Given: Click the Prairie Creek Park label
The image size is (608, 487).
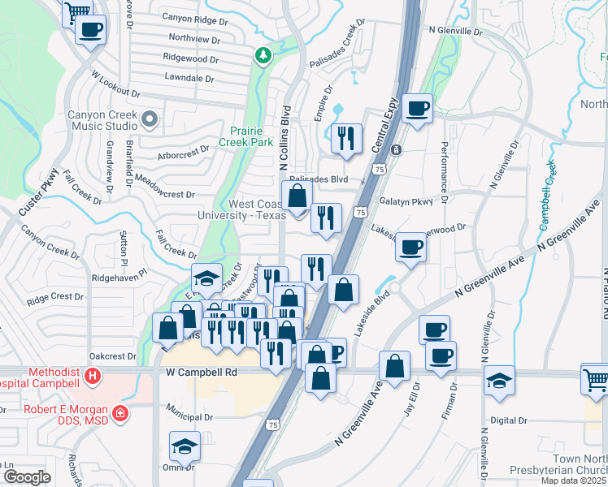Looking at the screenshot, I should (x=251, y=135).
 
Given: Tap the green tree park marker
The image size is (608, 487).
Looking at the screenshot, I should (x=263, y=56).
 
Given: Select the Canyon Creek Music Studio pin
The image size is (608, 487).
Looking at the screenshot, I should (x=149, y=121).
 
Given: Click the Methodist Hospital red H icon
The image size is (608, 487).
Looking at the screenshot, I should (x=93, y=377).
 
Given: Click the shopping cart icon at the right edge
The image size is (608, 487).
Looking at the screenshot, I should (x=595, y=379).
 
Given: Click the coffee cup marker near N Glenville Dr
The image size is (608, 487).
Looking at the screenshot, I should (x=418, y=108).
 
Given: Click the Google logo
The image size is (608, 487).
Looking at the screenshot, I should (x=27, y=476).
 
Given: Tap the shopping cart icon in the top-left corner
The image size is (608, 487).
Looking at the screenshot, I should (x=77, y=11).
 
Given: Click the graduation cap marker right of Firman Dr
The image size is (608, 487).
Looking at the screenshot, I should (x=498, y=380).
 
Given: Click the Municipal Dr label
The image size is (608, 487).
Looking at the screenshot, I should (x=189, y=417).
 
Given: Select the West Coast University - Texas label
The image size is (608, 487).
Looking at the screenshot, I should (x=242, y=209).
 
